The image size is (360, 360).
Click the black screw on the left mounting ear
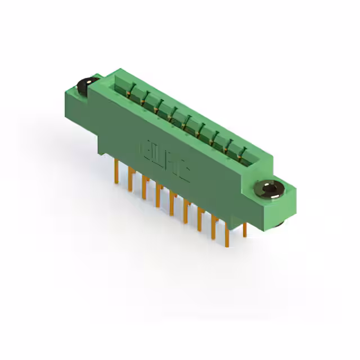(86, 85)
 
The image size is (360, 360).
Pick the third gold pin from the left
(145, 188)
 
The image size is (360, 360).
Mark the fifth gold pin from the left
(172, 205)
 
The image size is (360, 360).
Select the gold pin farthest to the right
(245, 230)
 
